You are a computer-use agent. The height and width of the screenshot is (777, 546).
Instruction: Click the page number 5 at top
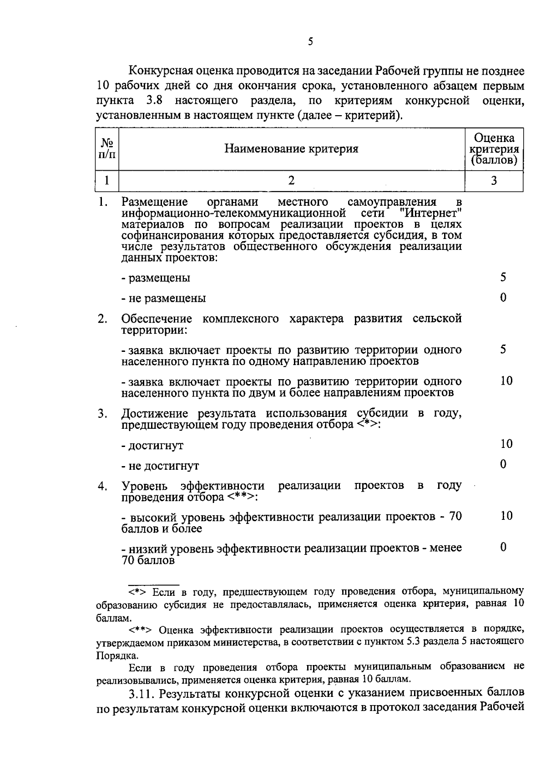(310, 42)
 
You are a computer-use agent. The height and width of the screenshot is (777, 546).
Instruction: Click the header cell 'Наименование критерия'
(291, 149)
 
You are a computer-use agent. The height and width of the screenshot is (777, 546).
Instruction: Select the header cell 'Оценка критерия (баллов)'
(494, 149)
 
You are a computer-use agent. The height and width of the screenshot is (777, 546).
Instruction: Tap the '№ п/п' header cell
(107, 149)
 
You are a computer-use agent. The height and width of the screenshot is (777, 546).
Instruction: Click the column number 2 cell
(291, 180)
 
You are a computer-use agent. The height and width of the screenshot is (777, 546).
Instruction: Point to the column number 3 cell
(494, 180)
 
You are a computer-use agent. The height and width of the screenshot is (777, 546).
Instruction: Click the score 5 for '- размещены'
(503, 277)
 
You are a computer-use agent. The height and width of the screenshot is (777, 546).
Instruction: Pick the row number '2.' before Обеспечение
(102, 319)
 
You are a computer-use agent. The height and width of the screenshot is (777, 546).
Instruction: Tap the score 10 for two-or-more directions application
(506, 381)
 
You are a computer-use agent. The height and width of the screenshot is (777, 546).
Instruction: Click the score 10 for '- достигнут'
(506, 444)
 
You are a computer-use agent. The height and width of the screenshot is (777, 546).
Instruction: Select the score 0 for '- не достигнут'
(503, 464)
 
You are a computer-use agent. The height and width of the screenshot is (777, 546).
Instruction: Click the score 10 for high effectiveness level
(506, 516)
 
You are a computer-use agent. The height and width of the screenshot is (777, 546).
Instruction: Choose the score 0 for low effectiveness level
(503, 547)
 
